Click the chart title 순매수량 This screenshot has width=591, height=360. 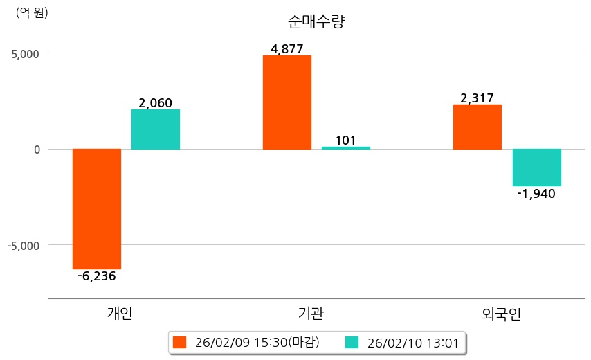[x=316, y=21]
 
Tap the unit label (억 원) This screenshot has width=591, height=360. [x=32, y=12]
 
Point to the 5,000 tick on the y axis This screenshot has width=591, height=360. [x=25, y=53]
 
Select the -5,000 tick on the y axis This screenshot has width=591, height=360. [x=24, y=246]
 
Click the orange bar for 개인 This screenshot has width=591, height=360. [x=97, y=208]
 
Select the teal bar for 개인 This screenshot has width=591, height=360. [x=156, y=129]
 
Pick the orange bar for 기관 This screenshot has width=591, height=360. [x=287, y=102]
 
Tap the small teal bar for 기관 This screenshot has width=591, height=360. [x=346, y=147]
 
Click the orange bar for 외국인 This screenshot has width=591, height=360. [x=478, y=127]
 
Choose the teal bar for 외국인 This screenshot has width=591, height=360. [x=536, y=168]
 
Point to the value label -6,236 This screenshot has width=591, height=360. [x=97, y=276]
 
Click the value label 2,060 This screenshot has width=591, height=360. [x=155, y=103]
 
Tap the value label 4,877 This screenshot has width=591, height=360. [x=287, y=49]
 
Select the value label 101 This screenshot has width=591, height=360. [x=345, y=141]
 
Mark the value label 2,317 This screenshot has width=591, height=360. [x=477, y=98]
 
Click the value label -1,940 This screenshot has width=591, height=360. [x=536, y=194]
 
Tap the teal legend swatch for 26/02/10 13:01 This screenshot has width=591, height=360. [x=352, y=342]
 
